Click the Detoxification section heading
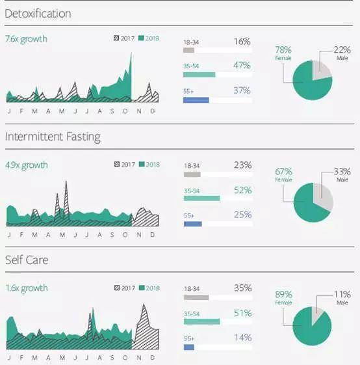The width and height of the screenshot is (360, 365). tap(38, 14)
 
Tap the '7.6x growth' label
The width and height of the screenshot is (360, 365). tap(26, 38)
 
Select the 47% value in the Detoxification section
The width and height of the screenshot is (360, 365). tap(242, 66)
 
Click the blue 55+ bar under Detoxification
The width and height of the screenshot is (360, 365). tap(196, 100)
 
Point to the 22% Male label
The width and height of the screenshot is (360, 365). tap(342, 53)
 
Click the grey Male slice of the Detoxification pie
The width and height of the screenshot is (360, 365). tap(322, 70)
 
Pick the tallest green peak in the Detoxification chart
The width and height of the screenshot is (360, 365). tap(131, 54)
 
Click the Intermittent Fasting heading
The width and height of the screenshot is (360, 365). tap(53, 137)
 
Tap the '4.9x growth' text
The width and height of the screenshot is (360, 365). tap(27, 165)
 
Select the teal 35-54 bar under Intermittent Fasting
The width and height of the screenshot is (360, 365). tap(201, 198)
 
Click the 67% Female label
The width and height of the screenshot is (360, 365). tap(283, 174)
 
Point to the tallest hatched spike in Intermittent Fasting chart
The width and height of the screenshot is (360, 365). tap(66, 183)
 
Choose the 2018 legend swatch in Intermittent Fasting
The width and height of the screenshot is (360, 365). tap(142, 165)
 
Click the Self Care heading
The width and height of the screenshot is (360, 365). tap(27, 260)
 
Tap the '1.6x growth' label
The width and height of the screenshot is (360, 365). tap(27, 288)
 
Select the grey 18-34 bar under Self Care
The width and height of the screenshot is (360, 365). tap(196, 297)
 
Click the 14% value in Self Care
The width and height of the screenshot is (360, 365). tap(243, 338)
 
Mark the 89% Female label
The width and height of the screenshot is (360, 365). tap(283, 297)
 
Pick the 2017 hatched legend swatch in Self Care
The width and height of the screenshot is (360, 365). tap(117, 288)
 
